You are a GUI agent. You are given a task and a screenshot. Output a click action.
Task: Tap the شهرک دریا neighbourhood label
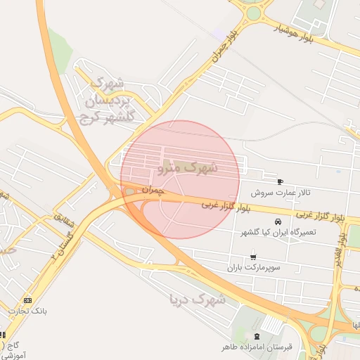tap(198, 300)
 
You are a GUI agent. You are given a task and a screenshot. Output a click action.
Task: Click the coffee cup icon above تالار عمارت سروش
tap(281, 181)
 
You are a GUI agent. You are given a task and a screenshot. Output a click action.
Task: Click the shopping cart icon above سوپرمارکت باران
tap(252, 257)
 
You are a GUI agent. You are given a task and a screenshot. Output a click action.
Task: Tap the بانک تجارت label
tap(24, 310)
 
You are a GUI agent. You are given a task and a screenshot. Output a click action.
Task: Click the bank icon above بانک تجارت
tap(27, 300)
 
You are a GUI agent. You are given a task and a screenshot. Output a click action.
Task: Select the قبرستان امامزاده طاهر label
tap(257, 347)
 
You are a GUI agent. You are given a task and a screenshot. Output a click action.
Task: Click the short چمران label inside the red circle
tap(153, 190)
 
